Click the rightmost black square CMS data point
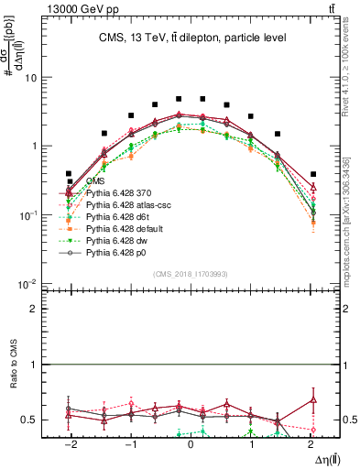click(313, 174)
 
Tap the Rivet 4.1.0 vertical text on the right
click(351, 64)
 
